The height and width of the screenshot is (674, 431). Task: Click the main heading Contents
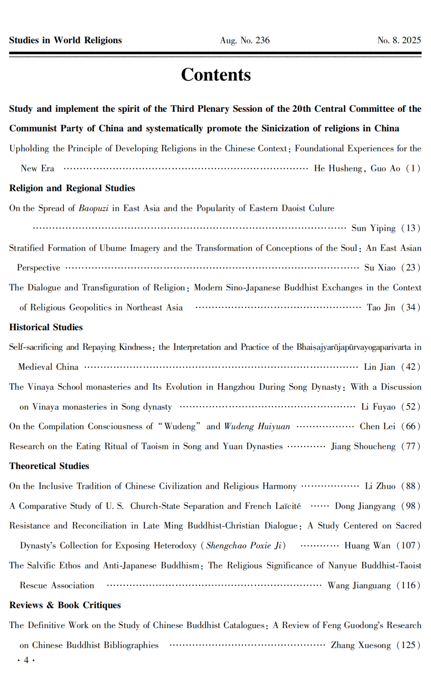216,75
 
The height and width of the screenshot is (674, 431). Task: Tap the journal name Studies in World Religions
65,40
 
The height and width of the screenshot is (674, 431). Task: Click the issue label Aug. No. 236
245,40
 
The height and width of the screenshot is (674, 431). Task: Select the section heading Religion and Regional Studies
72,188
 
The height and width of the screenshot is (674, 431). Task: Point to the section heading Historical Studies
46,327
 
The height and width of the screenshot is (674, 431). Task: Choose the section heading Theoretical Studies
49,466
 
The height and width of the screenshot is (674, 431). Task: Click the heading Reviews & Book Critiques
65,605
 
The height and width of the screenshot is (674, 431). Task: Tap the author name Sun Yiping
373,228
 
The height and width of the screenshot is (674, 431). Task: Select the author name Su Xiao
380,268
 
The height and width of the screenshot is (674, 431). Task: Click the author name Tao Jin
381,307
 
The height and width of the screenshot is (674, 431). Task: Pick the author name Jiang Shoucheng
363,446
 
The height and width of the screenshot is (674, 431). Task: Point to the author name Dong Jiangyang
365,506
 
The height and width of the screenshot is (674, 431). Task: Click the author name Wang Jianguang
359,585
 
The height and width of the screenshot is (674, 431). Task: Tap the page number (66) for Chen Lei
411,426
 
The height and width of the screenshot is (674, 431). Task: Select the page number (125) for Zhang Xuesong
408,645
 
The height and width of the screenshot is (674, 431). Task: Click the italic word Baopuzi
93,208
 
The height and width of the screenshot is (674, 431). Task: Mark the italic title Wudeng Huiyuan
257,426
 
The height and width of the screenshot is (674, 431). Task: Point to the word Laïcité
288,506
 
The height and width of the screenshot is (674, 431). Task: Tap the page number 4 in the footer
26,660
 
